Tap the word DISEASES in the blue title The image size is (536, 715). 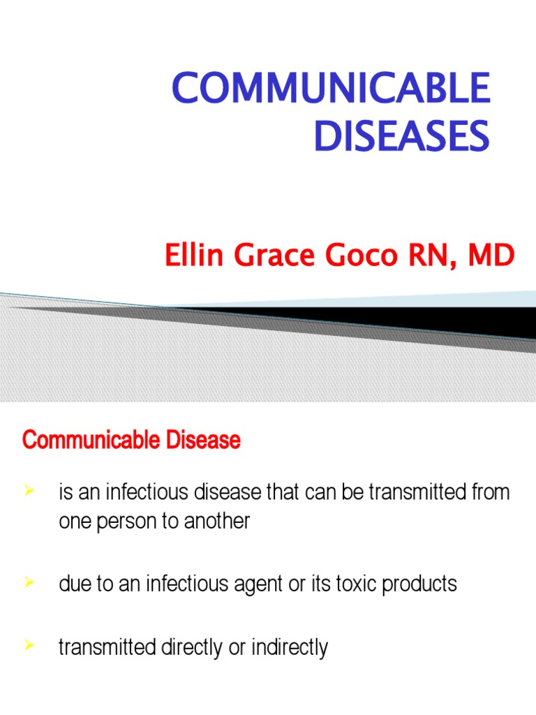401,136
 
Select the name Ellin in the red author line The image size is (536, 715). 186,256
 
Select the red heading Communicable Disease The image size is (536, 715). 131,441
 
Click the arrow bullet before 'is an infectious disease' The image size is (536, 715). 29,492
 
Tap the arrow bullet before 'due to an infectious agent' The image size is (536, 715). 29,582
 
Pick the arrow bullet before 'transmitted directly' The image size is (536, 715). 29,646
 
